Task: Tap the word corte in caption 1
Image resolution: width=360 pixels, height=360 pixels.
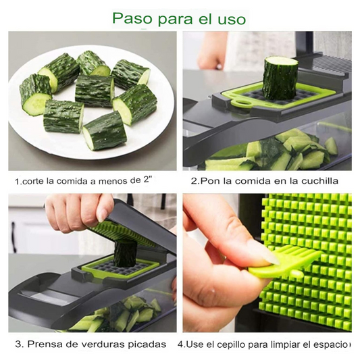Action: click(x=33, y=182)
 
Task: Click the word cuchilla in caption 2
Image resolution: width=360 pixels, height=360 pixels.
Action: click(x=317, y=181)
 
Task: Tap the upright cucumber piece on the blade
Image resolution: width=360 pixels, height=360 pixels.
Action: click(x=280, y=77)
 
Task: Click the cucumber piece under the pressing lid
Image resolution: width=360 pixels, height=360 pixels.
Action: click(x=124, y=253)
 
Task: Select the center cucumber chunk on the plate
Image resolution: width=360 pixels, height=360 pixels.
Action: click(x=93, y=90)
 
